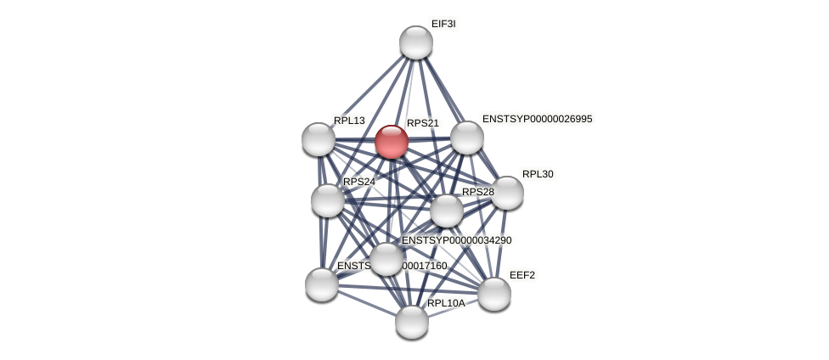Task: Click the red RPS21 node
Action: tap(392, 142)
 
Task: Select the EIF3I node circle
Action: tap(416, 42)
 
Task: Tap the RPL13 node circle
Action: tap(319, 139)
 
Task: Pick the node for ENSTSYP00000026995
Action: tap(467, 138)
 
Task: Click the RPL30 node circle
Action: tap(507, 193)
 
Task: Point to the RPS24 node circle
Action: tap(328, 200)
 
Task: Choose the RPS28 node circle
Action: tap(447, 211)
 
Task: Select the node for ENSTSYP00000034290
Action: tap(386, 259)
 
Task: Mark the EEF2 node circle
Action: tap(494, 294)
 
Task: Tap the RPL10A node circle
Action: tap(412, 322)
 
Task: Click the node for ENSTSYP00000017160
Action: tap(322, 284)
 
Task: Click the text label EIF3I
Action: tap(443, 24)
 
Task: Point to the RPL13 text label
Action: tap(349, 121)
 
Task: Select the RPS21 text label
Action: tap(423, 123)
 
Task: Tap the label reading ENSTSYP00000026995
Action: tap(537, 119)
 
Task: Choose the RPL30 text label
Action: tap(538, 174)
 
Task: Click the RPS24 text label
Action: tap(359, 182)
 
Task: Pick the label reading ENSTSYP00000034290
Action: tap(457, 240)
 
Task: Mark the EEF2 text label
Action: tap(522, 275)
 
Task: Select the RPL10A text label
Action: tap(446, 303)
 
